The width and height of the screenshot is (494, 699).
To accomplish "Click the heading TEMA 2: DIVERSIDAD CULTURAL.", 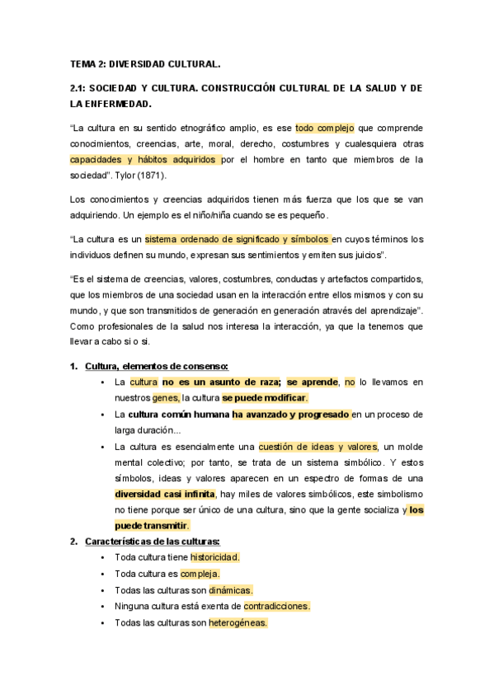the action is (145, 63).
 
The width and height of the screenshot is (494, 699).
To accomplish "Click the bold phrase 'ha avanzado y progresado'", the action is (290, 414).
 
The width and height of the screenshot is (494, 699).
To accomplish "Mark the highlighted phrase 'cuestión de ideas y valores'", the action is (317, 446).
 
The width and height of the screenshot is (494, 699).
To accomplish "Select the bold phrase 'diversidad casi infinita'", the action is (164, 494).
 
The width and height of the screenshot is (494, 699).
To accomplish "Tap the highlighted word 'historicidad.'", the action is (214, 557).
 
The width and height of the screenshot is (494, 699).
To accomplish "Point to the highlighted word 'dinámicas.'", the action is (230, 590).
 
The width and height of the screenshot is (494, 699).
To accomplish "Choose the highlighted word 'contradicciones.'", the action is (276, 606).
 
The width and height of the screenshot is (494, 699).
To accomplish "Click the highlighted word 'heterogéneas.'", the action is (238, 622).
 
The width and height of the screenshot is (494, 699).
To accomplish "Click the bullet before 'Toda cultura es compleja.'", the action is (101, 574).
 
